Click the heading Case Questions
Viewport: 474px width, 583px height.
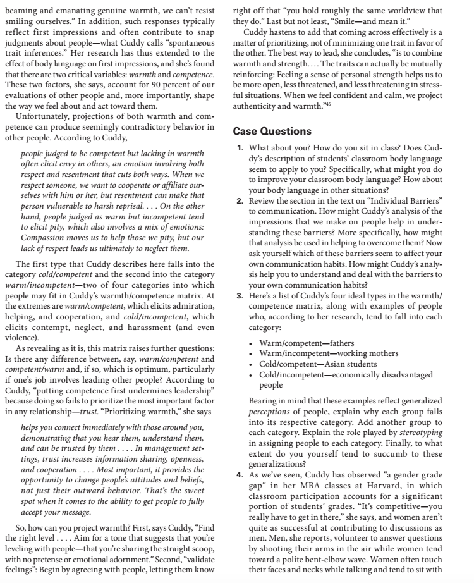272,132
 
